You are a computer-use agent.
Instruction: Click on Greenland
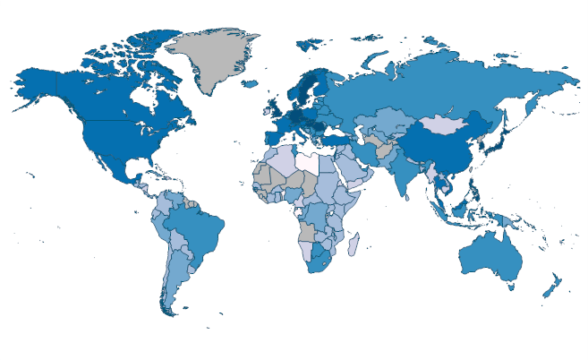(213, 58)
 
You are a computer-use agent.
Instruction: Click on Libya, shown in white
(309, 162)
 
